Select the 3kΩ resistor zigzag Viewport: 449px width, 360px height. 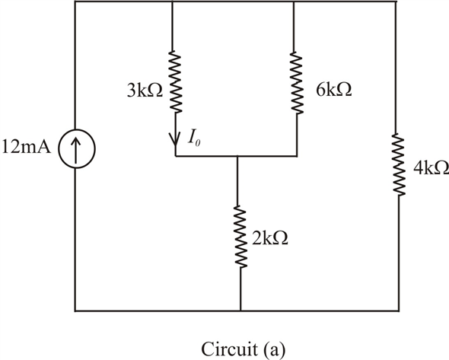(x=175, y=81)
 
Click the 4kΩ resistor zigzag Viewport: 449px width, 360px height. (x=396, y=165)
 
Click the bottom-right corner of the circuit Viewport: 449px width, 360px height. (x=396, y=311)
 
